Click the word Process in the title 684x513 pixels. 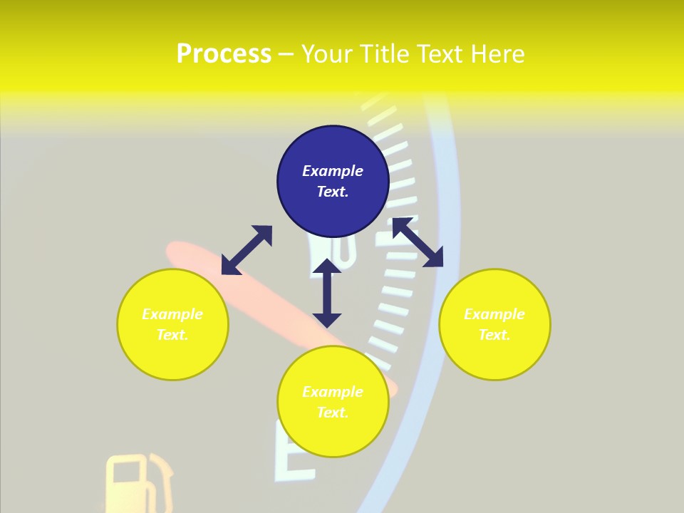tap(224, 54)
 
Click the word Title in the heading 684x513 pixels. tap(385, 54)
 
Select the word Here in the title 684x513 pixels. tap(498, 54)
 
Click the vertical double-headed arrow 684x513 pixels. tap(327, 293)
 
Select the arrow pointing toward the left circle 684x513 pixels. tap(247, 250)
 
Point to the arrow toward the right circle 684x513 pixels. tap(418, 242)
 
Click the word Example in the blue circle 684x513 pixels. tap(333, 171)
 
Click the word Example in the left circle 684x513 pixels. tap(172, 314)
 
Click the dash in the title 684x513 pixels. tap(286, 54)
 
